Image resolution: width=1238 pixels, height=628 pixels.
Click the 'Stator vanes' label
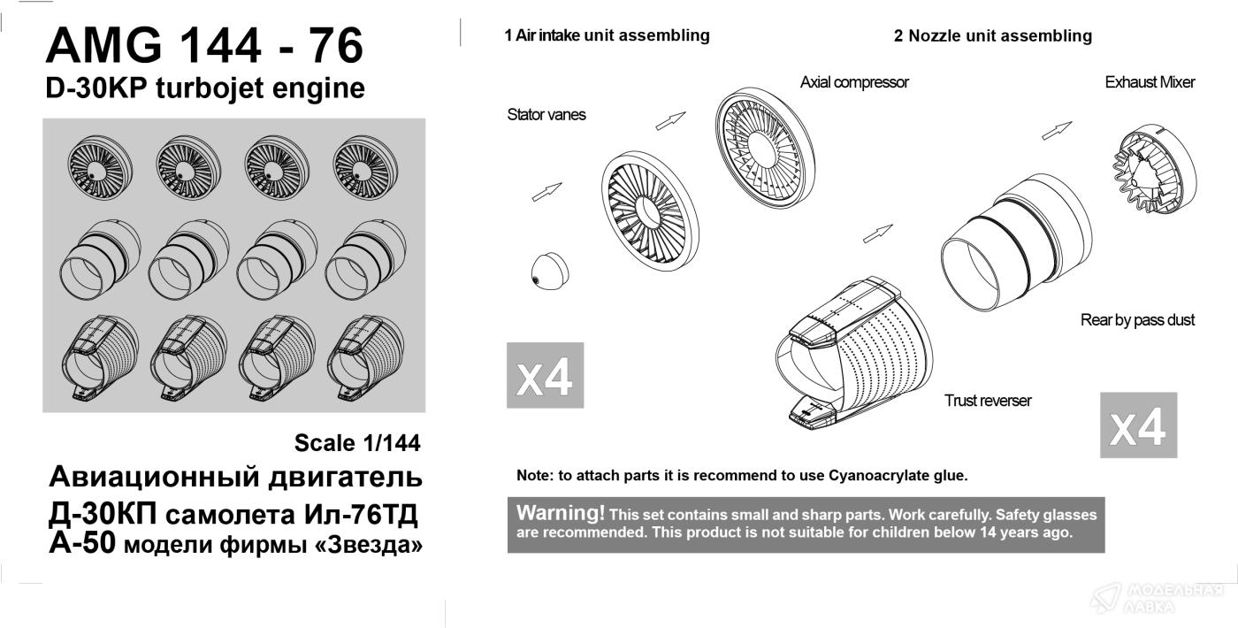click(x=546, y=114)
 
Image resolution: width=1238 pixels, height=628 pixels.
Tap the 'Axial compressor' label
click(x=854, y=82)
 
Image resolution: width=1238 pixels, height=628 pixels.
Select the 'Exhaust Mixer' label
click(x=1150, y=82)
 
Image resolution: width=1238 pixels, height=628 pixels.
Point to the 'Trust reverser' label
click(x=988, y=400)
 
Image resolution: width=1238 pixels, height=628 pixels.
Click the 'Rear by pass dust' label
click(x=1137, y=320)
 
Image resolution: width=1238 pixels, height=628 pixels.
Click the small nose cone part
click(x=549, y=271)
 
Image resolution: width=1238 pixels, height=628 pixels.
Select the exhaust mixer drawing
click(x=1154, y=169)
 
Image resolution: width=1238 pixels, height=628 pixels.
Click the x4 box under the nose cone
click(x=545, y=375)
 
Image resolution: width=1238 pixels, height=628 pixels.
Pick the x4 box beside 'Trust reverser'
click(x=1139, y=425)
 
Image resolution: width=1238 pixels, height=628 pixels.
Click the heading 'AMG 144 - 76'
click(x=204, y=45)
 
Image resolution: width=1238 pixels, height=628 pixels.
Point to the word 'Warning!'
click(x=561, y=513)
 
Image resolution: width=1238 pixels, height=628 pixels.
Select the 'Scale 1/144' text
click(x=357, y=443)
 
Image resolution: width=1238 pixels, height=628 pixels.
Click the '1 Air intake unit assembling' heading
click(x=607, y=35)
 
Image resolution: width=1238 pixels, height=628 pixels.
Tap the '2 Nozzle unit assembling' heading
click(x=992, y=36)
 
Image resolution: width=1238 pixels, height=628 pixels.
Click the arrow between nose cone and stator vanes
click(x=546, y=192)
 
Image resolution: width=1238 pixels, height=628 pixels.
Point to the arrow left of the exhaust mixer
click(x=1057, y=131)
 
